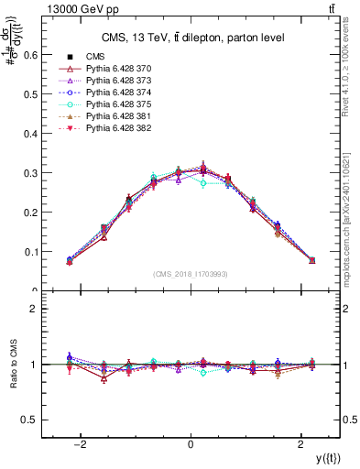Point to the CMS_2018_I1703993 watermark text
click(x=190, y=274)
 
